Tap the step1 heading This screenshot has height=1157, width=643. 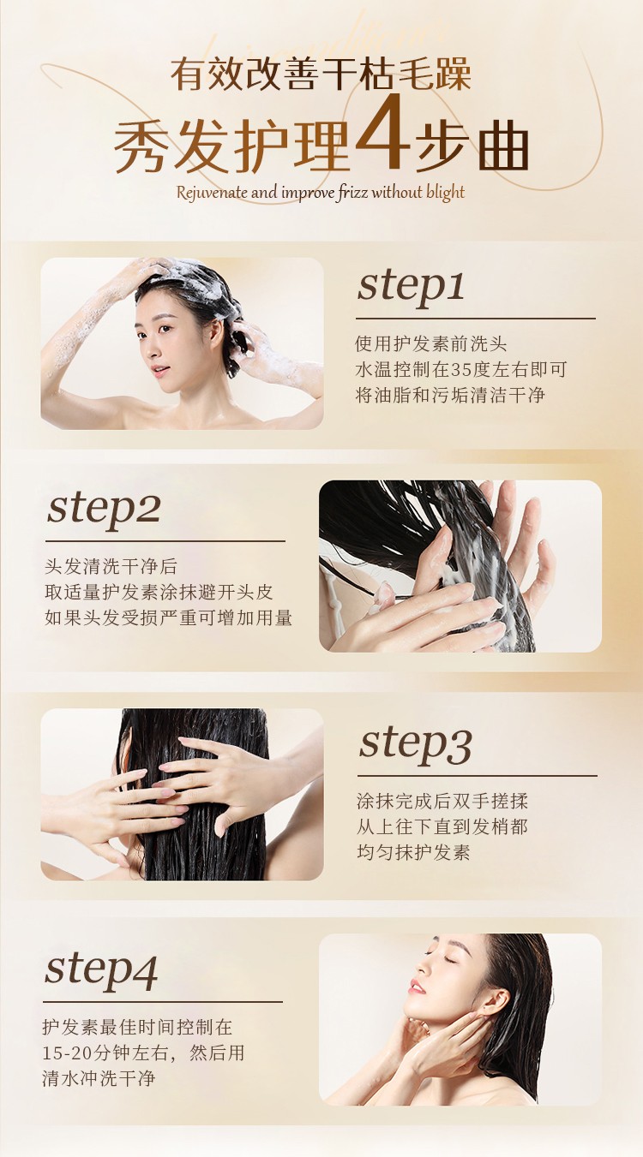411,287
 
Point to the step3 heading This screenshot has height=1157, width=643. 415,746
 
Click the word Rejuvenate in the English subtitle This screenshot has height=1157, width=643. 212,194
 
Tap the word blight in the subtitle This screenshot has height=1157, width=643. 446,193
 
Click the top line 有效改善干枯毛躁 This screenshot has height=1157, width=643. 321,75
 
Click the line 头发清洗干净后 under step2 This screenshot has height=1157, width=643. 111,567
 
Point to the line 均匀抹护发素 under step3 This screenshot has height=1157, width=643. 413,852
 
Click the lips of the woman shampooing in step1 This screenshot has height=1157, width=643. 159,370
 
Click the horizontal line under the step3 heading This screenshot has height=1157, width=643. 477,776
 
